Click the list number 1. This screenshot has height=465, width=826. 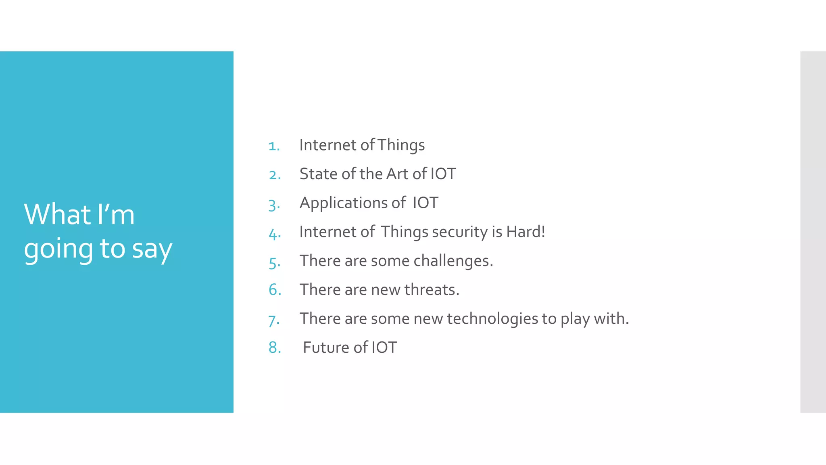(274, 146)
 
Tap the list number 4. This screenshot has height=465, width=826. (275, 233)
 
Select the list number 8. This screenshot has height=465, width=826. (275, 348)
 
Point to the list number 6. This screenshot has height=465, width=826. (275, 290)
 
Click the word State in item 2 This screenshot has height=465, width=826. (318, 174)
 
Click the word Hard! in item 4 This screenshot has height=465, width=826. (525, 232)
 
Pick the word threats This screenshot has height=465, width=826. (432, 290)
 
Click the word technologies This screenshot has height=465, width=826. (492, 319)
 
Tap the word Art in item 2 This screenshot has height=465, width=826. (397, 174)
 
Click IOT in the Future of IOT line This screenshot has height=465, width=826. (384, 348)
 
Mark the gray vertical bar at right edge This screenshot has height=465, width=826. (813, 232)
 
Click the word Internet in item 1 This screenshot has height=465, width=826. (327, 145)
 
